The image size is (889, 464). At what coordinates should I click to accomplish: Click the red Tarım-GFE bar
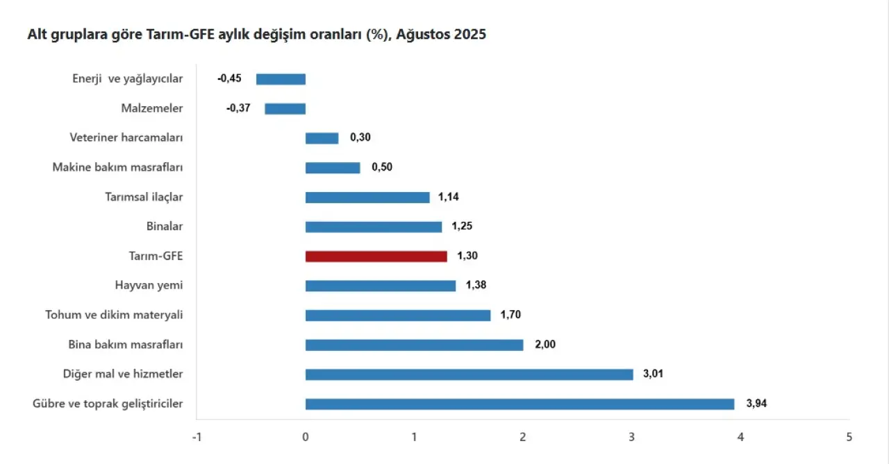click(x=376, y=257)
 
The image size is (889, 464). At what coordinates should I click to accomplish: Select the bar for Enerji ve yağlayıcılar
click(x=281, y=79)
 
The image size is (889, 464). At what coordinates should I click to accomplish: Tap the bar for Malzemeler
click(x=285, y=108)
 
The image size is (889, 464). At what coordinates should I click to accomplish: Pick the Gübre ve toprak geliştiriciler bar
click(x=520, y=404)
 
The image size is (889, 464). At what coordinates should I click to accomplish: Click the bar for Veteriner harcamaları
click(x=322, y=138)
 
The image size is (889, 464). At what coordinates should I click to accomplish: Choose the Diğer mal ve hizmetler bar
click(x=469, y=375)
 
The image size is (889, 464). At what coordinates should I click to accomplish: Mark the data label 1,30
click(x=467, y=256)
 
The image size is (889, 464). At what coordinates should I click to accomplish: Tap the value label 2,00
click(x=545, y=345)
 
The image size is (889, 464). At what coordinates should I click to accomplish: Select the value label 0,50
click(x=382, y=167)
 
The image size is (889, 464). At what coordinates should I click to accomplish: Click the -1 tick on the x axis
click(x=197, y=437)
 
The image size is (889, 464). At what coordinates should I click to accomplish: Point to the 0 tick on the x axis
click(x=306, y=437)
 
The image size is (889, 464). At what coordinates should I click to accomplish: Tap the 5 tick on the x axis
click(x=849, y=437)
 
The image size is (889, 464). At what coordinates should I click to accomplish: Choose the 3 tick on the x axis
click(x=631, y=437)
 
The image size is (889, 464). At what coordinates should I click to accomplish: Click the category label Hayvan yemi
click(x=149, y=285)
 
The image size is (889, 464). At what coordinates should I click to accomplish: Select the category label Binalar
click(x=165, y=226)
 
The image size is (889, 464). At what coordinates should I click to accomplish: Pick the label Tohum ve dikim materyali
click(x=114, y=315)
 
